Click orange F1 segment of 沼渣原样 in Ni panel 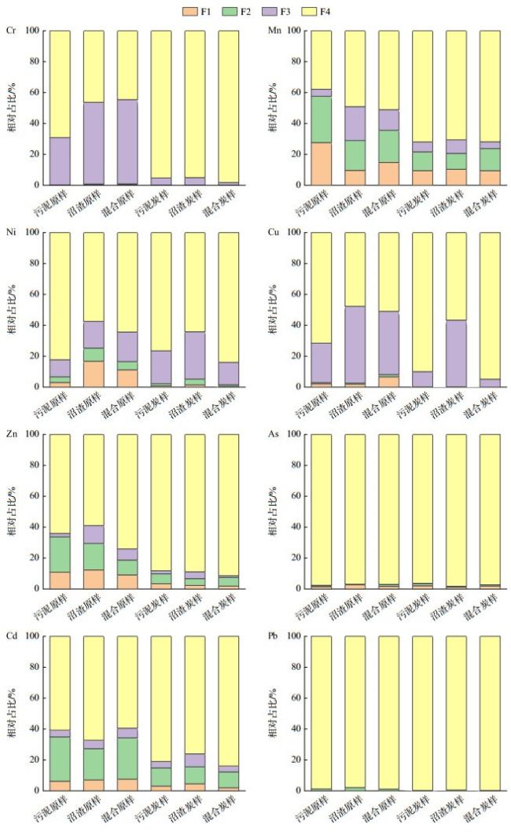tap(94, 374)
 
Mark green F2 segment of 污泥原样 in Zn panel tap(60, 554)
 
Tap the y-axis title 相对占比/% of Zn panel tap(12, 511)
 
